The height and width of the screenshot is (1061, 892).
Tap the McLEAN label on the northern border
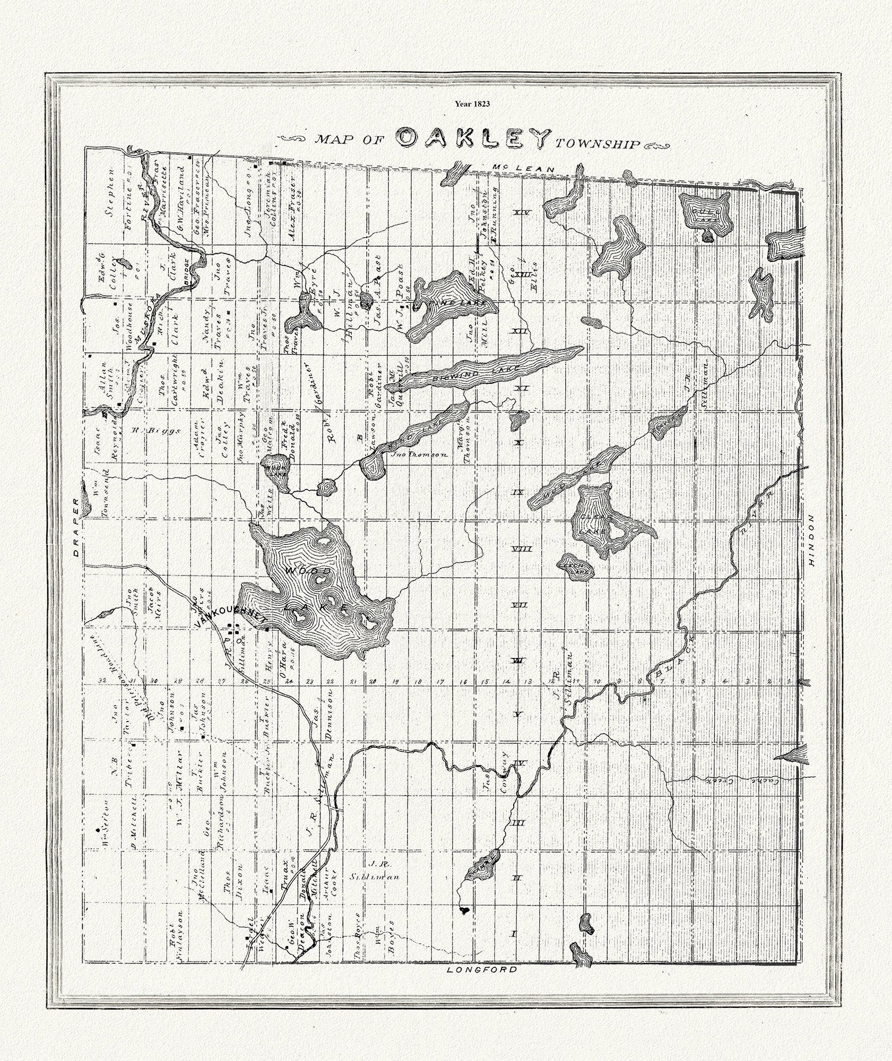coord(523,169)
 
